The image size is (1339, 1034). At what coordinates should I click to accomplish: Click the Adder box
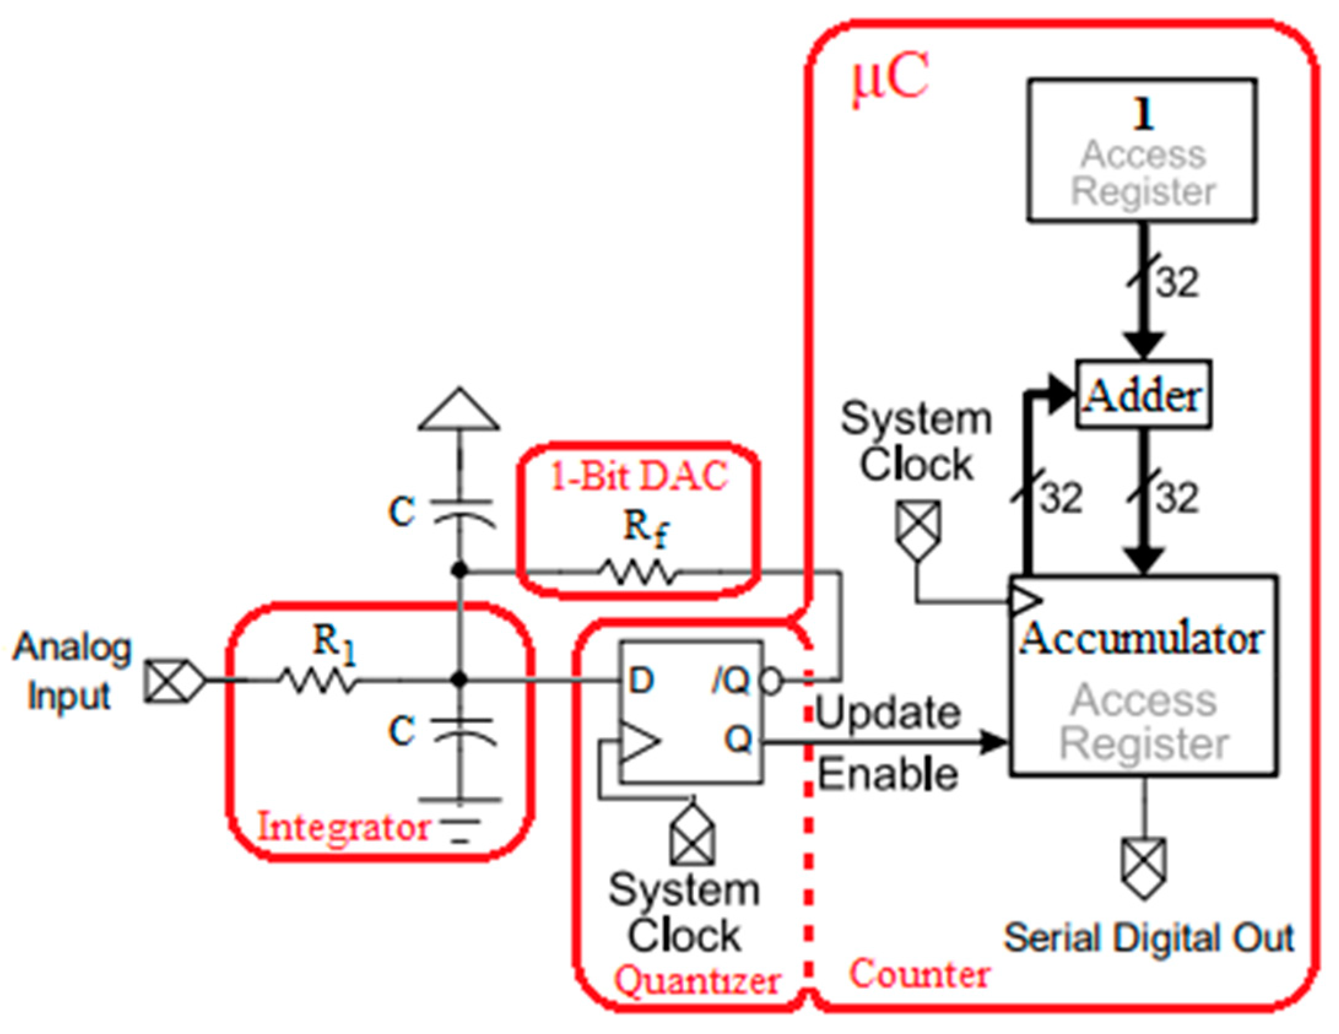tap(1143, 394)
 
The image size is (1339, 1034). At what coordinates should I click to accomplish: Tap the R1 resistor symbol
tap(317, 680)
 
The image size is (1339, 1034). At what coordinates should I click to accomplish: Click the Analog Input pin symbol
tap(174, 680)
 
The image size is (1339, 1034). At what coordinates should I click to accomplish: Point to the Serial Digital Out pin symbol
tap(1143, 868)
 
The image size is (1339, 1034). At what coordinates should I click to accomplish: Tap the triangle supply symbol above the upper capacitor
tap(459, 410)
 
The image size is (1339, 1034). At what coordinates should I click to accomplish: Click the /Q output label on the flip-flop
tap(731, 681)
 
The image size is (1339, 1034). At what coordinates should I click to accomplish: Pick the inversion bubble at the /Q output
tap(772, 681)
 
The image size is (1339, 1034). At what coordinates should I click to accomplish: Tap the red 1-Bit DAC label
tap(639, 476)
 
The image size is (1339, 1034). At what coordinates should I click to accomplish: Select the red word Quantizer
tap(697, 981)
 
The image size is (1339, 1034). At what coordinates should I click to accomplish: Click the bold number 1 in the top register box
tap(1143, 114)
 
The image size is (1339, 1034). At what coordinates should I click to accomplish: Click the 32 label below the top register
tap(1177, 283)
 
